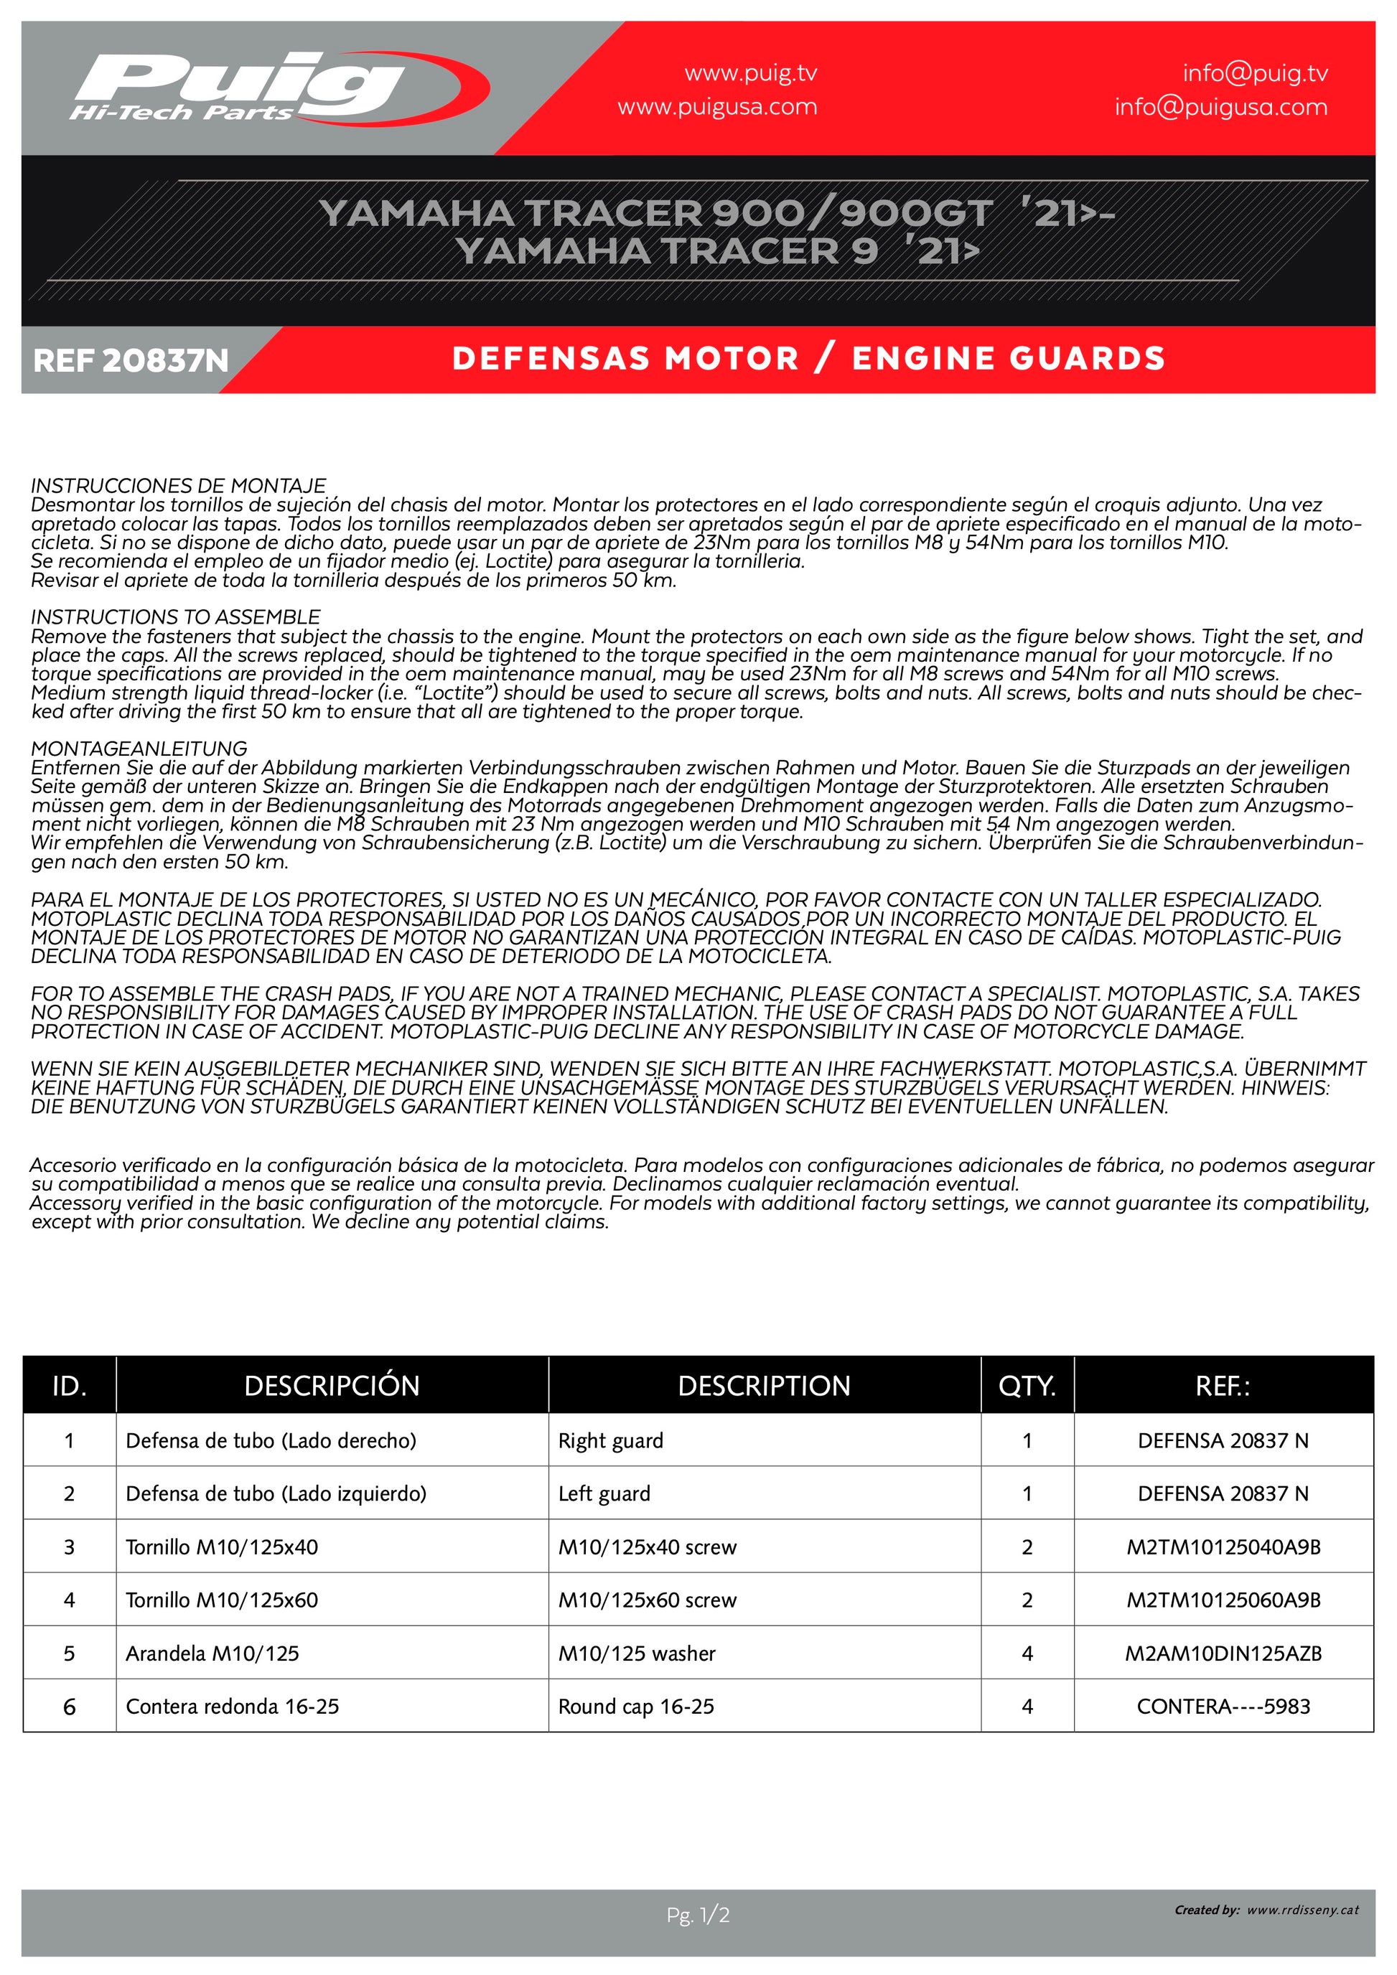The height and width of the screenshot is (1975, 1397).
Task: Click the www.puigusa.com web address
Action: [716, 108]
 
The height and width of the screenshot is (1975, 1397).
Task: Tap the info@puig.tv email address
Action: [1254, 74]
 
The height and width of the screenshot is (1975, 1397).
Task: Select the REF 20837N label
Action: [131, 360]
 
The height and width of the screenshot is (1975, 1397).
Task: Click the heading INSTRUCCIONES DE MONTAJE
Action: [179, 486]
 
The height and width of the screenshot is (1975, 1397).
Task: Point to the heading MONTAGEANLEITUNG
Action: [139, 749]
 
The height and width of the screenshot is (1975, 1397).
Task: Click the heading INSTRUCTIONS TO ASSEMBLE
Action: [175, 616]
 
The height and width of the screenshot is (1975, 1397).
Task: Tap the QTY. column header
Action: [1027, 1386]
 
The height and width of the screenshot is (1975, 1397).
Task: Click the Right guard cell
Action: [611, 1441]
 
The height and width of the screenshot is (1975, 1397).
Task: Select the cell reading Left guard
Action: [604, 1494]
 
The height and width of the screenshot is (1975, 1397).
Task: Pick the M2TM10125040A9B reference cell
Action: [1223, 1547]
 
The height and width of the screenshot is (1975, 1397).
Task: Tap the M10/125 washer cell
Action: [637, 1653]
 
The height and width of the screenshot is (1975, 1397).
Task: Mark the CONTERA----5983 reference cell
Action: [1223, 1707]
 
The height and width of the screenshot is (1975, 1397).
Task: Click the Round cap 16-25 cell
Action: [636, 1707]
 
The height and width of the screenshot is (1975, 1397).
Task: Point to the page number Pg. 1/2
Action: [698, 1915]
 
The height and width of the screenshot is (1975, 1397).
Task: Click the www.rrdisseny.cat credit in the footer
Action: [1302, 1910]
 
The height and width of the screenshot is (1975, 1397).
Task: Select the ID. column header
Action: [69, 1386]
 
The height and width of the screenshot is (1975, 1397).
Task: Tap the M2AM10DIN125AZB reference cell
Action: [1223, 1653]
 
